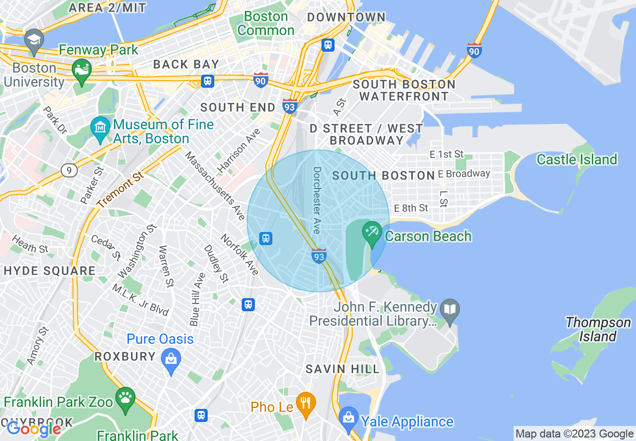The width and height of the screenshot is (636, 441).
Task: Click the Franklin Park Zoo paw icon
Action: (x=125, y=397)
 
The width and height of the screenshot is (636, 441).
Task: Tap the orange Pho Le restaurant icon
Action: (x=305, y=402)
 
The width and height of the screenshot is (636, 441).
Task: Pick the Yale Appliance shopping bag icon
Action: (x=348, y=417)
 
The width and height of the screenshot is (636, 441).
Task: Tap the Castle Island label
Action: (x=576, y=160)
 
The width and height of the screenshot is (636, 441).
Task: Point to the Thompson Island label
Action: (x=597, y=329)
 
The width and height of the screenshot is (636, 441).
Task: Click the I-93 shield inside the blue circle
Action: (x=319, y=256)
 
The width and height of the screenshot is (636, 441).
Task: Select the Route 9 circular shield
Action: (x=69, y=170)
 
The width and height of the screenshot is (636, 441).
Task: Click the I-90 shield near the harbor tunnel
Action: (x=474, y=50)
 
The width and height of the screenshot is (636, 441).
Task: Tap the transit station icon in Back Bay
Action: (x=207, y=81)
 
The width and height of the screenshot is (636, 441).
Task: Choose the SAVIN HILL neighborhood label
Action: (x=343, y=369)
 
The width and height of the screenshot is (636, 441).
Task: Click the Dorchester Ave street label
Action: (x=316, y=200)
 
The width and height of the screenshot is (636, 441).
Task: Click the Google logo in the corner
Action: (x=33, y=429)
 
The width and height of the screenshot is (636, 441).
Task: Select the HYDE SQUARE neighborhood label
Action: (x=49, y=271)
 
